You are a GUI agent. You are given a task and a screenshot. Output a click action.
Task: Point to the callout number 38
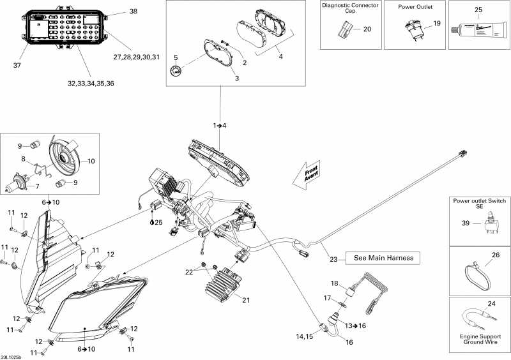click(133, 11)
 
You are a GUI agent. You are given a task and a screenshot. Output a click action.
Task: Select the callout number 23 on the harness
click(333, 259)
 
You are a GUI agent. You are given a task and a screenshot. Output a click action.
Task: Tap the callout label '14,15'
click(304, 336)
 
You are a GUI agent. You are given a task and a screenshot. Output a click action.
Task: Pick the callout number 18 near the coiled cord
click(333, 283)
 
